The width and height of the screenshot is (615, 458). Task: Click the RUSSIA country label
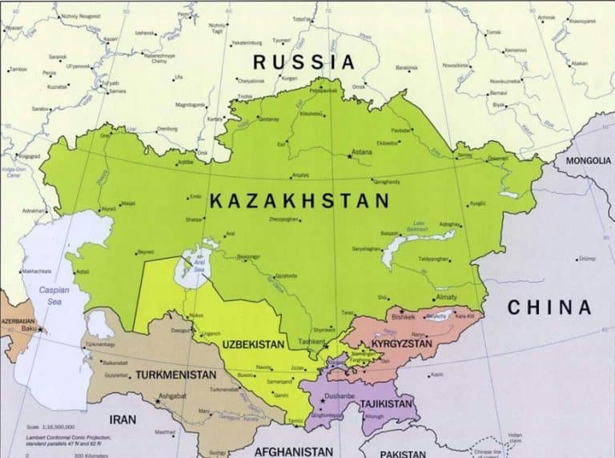303,62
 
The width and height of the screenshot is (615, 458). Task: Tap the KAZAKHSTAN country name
299,201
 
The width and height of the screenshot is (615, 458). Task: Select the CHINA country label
549,307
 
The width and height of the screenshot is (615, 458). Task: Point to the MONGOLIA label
588,160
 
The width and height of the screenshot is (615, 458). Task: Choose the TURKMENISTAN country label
175,374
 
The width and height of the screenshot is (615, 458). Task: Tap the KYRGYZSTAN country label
400,343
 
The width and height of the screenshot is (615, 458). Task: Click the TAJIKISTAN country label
386,404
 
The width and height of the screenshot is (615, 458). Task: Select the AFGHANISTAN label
294,452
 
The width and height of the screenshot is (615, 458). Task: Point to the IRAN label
123,419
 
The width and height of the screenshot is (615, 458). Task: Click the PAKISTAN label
403,453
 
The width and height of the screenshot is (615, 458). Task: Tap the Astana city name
361,151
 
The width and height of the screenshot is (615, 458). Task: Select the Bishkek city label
404,316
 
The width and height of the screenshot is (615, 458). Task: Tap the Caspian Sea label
54,295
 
